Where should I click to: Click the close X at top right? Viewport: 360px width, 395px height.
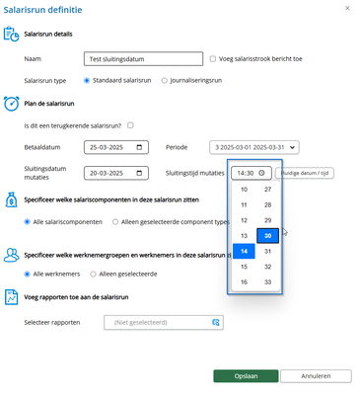[344, 8]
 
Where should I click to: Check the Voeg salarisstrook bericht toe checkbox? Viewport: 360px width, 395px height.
[213, 59]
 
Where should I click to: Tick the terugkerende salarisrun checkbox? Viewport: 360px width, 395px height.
[130, 124]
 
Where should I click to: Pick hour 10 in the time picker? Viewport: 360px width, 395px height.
[244, 189]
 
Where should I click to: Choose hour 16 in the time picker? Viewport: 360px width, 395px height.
[244, 282]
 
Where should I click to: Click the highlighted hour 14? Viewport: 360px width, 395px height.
[244, 251]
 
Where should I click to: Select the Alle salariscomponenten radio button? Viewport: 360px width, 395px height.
[29, 222]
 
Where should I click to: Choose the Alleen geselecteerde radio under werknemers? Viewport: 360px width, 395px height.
[94, 273]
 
